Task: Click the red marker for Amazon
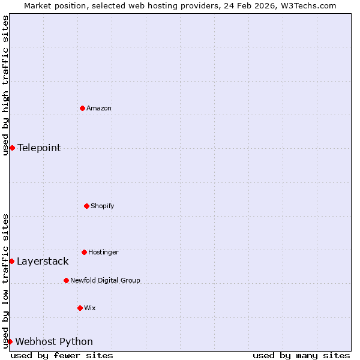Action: point(82,108)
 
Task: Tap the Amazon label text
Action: point(99,109)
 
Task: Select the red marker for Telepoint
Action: point(12,148)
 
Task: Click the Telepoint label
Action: point(39,148)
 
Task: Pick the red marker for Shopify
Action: point(86,206)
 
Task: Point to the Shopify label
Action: point(103,206)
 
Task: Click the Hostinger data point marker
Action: point(84,252)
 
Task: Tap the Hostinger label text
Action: point(103,253)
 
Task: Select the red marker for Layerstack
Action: point(11,261)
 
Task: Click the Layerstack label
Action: point(43,262)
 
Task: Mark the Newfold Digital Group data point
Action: point(66,280)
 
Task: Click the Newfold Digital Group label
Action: point(105,281)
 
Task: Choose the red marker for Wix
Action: point(80,308)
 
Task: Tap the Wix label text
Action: point(90,308)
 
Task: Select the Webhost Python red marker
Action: point(10,341)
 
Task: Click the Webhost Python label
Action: point(54,342)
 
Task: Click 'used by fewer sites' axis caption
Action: point(62,355)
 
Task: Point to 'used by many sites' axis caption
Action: point(301,355)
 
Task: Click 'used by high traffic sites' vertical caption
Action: point(5,85)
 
